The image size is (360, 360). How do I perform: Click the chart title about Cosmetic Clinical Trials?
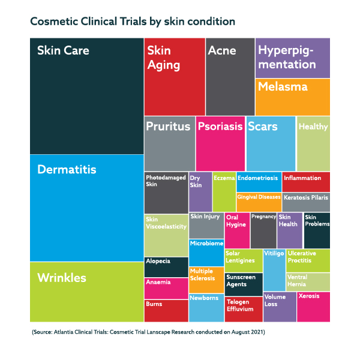pos(132,22)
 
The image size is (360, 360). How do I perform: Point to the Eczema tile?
pos(224,191)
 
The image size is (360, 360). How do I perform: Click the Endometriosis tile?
pos(258,181)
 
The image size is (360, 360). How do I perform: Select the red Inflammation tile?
pos(306,181)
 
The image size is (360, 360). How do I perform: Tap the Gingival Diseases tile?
pos(259,202)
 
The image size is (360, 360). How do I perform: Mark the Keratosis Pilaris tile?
pos(306,202)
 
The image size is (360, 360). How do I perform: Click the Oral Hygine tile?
pos(236,230)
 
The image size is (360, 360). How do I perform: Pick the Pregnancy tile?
pos(263,230)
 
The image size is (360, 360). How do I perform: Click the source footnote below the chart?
pos(149,332)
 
